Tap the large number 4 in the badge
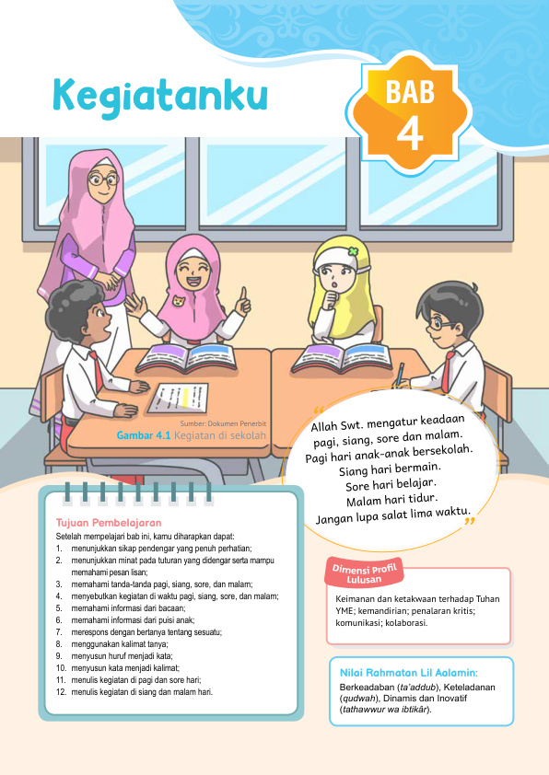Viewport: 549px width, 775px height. [x=409, y=132]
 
